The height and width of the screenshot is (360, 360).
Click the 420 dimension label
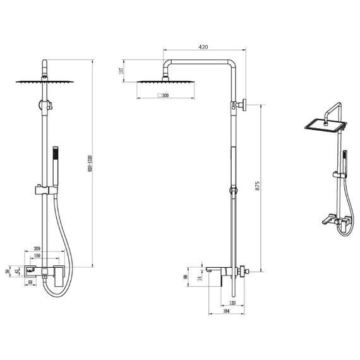click(203, 47)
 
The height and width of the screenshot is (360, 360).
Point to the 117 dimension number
click(121, 71)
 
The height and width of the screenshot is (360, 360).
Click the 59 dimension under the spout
click(31, 282)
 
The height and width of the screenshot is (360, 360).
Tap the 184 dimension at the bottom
click(226, 311)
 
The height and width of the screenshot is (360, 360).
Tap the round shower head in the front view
click(46, 81)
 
